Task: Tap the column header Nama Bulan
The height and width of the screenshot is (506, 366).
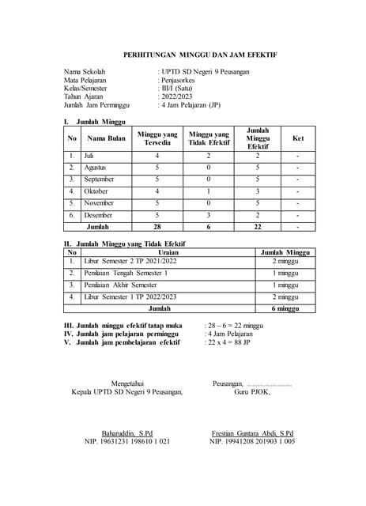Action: pos(106,138)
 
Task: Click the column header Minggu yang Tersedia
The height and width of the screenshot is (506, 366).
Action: pos(157,138)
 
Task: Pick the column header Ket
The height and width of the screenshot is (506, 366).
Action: pos(297,138)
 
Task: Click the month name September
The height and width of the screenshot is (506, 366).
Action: pos(99,179)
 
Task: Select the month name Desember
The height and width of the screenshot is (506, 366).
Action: pos(98,215)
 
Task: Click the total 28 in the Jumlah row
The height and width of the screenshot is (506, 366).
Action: pos(157,227)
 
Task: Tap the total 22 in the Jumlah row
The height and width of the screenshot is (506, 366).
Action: pos(257,227)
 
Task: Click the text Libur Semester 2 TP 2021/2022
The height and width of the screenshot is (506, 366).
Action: pos(130,261)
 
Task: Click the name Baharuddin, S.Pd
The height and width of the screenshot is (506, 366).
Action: pos(121,433)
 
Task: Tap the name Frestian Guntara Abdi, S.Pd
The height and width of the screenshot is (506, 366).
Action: pos(253,433)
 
